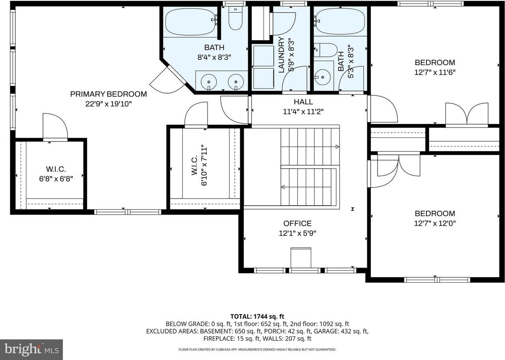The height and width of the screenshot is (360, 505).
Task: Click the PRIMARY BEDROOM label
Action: pos(108,94)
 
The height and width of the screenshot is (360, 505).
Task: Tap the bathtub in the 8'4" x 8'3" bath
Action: pos(191,22)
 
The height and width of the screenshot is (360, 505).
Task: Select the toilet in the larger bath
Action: pos(236,20)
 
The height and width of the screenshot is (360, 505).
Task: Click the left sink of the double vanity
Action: pos(208,82)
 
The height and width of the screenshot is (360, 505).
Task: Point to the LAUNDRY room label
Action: pos(281,55)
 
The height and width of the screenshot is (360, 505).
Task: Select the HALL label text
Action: pos(303,102)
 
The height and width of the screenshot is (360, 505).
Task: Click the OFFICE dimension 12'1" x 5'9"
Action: pos(297,233)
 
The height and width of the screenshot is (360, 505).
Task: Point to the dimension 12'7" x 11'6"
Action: pos(435,72)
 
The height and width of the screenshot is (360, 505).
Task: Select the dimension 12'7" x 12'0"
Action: pos(435,223)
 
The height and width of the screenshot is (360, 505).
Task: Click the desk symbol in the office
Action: pos(301,257)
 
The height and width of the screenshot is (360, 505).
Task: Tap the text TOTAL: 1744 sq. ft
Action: pos(257,316)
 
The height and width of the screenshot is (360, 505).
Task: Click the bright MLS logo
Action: pos(31,349)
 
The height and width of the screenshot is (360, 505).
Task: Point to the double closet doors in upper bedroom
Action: pos(467,114)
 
